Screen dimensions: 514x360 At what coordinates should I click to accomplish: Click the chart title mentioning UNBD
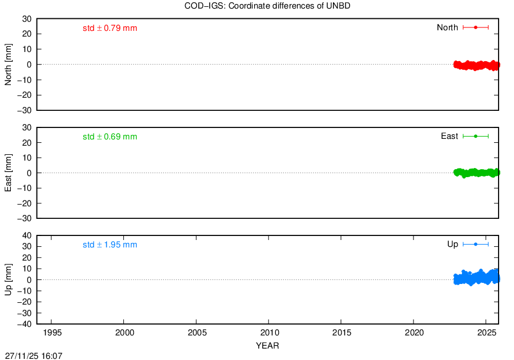(267, 6)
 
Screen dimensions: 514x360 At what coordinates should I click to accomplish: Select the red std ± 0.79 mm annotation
(110, 28)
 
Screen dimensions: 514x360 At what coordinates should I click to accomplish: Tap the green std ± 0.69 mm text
(110, 137)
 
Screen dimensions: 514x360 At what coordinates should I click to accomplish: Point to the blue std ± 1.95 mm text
(110, 245)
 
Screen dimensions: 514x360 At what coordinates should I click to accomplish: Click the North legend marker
(476, 27)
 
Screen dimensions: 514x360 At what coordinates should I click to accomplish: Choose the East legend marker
(476, 136)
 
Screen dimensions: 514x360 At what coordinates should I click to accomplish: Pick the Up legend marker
(476, 244)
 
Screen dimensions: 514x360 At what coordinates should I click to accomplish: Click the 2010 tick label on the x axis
(270, 333)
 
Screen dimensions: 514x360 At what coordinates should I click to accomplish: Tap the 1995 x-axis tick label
(52, 333)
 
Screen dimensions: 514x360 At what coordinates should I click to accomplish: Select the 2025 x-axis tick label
(487, 333)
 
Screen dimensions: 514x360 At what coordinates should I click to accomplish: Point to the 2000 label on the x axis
(125, 333)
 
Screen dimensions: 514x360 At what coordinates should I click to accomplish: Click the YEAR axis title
(267, 346)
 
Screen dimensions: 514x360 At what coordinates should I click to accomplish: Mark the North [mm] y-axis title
(8, 65)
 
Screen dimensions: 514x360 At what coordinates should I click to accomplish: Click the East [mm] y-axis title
(8, 173)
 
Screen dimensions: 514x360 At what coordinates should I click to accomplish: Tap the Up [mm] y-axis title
(8, 279)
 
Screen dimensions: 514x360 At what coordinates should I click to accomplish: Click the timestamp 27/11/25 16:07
(34, 356)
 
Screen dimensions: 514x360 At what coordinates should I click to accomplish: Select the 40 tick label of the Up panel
(27, 236)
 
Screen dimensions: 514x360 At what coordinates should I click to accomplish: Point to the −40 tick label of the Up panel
(25, 324)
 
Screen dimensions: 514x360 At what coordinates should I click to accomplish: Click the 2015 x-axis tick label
(342, 333)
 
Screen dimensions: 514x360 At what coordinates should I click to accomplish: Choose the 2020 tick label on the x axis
(415, 333)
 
